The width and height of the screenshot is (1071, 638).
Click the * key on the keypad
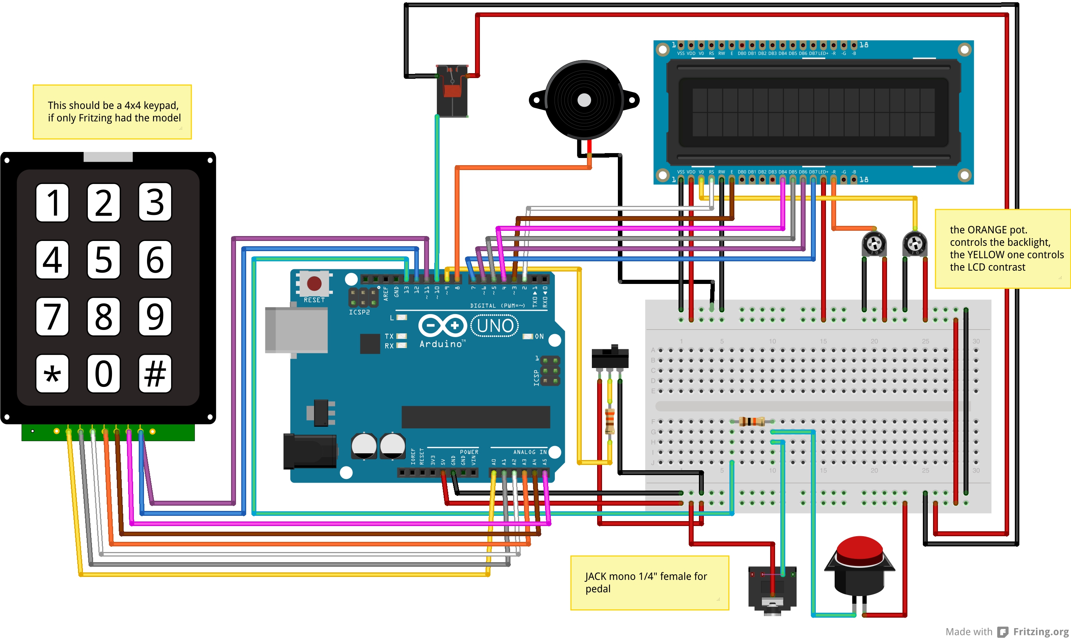(52, 374)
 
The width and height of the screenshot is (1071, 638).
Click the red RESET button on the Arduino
(314, 283)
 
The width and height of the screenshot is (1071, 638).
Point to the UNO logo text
(495, 326)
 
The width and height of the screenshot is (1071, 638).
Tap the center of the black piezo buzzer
(584, 100)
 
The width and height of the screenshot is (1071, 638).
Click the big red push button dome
(860, 550)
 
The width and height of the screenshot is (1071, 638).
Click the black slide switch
(610, 358)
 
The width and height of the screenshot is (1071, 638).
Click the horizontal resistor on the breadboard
(752, 421)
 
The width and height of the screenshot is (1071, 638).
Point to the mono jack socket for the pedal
(772, 589)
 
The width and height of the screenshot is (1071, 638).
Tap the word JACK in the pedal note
(595, 577)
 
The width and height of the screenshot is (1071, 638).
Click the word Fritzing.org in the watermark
(1040, 631)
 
